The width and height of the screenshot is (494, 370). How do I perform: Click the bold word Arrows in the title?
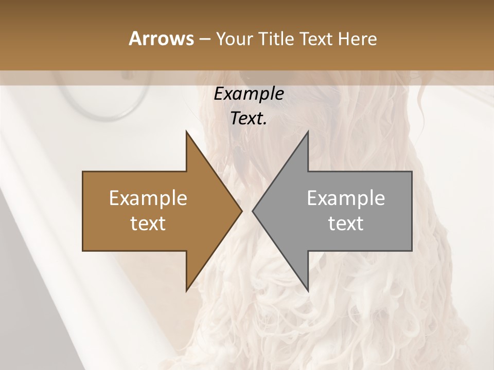coord(161,39)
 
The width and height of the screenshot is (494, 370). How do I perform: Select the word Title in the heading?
coord(279,39)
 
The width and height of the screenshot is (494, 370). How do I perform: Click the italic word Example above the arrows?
coord(249,94)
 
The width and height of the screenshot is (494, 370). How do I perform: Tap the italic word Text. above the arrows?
coord(248,119)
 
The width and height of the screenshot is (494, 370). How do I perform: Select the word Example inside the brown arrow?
coord(148,198)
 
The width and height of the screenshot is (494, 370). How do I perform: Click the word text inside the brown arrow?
coord(148,224)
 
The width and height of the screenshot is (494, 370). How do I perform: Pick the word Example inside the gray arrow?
coord(346,198)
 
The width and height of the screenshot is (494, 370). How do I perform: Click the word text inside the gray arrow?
coord(346,224)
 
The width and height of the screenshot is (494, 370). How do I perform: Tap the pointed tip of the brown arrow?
coord(241,211)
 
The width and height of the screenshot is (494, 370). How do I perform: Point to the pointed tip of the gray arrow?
coord(253,211)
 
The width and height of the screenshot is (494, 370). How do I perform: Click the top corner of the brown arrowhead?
coord(187,132)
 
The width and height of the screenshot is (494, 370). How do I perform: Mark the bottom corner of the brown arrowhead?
coord(187,291)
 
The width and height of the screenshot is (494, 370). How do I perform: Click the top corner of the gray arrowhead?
coord(308,132)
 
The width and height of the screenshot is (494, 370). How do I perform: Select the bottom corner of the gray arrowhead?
coord(308,291)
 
